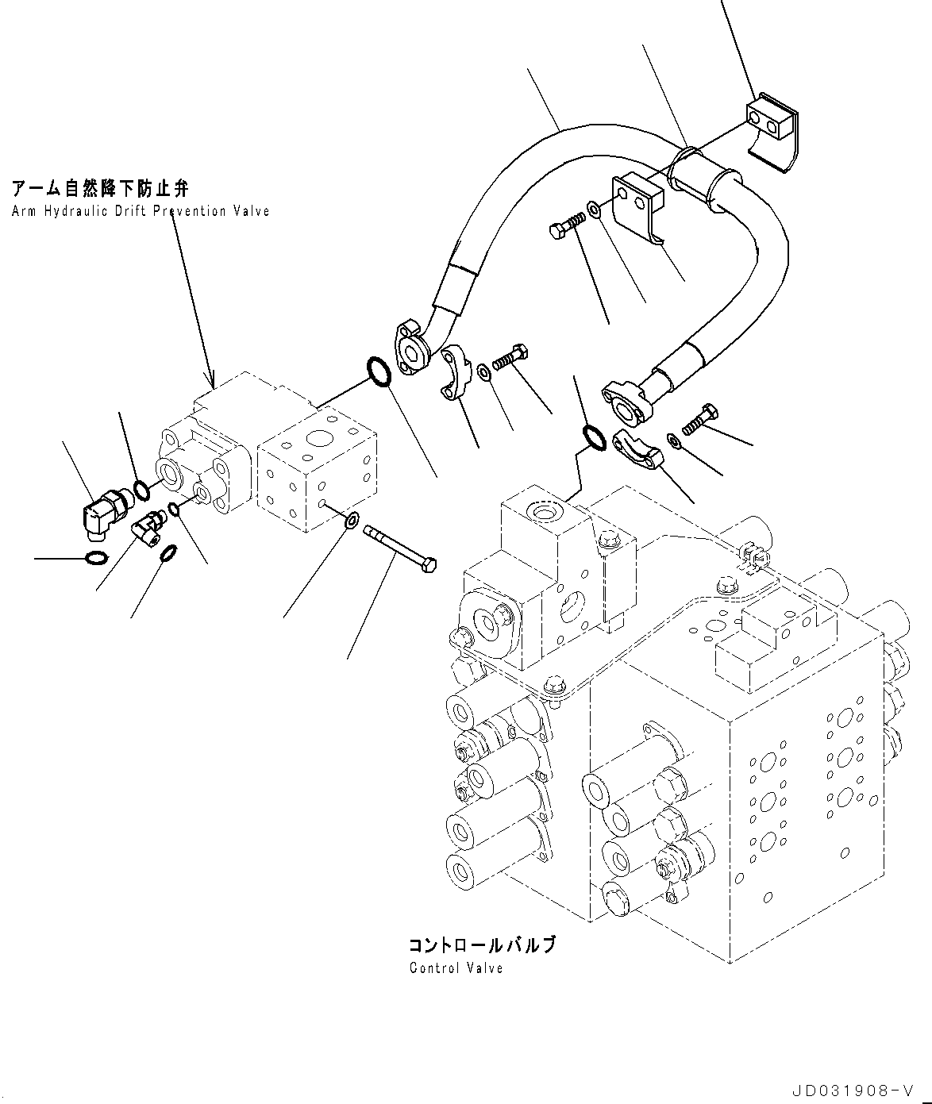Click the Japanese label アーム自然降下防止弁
click(x=100, y=189)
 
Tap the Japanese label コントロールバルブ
click(x=482, y=945)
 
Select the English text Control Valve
click(x=456, y=968)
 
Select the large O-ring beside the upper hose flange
click(x=378, y=372)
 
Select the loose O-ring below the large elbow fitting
click(x=93, y=558)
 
